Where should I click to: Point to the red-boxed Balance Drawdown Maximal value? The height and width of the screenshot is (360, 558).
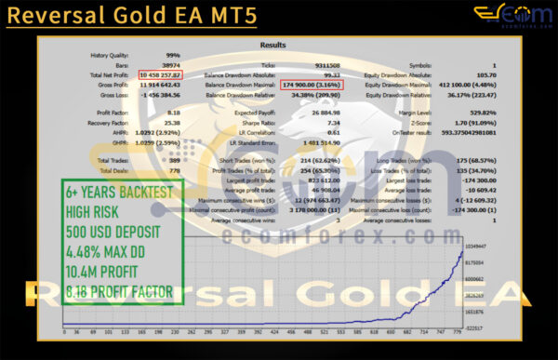[319, 84]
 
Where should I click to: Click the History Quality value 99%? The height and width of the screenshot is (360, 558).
[173, 55]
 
